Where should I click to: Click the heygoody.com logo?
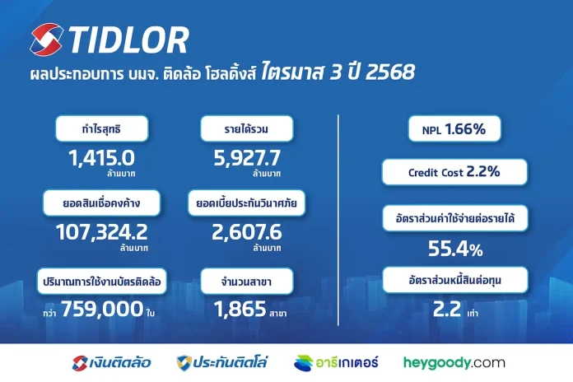click(x=454, y=361)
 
